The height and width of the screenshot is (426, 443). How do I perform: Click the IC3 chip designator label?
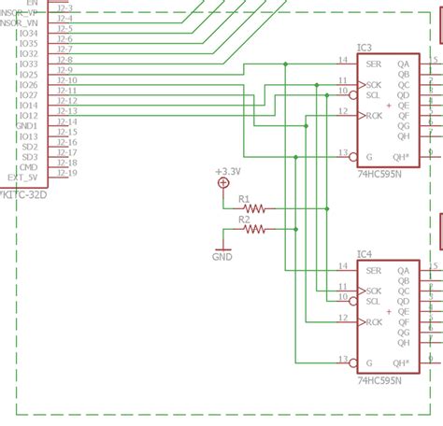(x=364, y=48)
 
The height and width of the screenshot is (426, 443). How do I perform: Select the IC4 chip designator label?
(x=364, y=254)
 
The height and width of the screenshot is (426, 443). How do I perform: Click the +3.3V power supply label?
(x=227, y=172)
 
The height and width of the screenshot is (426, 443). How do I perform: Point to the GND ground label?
(x=222, y=256)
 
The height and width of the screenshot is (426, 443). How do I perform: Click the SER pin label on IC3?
(x=375, y=64)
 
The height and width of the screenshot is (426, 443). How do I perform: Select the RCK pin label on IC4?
(x=375, y=322)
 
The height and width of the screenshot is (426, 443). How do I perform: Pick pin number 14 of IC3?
(x=343, y=61)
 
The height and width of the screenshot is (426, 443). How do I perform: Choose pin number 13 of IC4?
(x=343, y=357)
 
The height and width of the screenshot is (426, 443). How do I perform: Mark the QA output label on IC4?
(x=403, y=271)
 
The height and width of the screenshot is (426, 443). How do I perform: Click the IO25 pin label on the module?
(x=28, y=75)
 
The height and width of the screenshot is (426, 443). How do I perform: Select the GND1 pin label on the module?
(x=27, y=126)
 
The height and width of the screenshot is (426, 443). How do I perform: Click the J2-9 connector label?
(x=64, y=70)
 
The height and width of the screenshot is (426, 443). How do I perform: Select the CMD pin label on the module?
(x=30, y=167)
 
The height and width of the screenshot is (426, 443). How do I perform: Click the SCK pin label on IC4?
(x=375, y=291)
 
